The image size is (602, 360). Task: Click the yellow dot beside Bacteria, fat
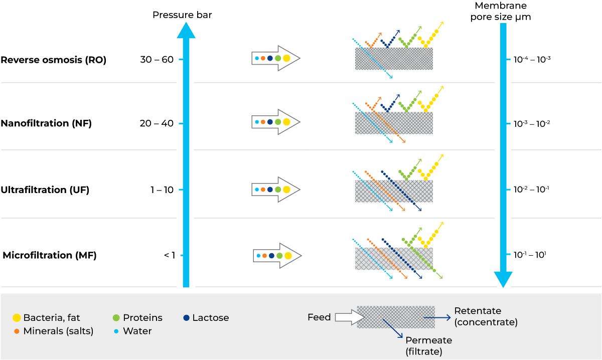[17, 318]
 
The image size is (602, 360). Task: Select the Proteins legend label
[142, 318]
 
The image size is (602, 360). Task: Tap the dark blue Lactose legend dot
[187, 318]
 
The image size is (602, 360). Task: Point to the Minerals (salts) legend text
[58, 331]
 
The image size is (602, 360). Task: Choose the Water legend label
[137, 331]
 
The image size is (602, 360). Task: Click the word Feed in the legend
[319, 317]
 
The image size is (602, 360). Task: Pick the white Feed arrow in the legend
[349, 317]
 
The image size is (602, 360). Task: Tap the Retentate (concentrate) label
[485, 316]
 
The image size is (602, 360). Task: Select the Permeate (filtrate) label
[428, 346]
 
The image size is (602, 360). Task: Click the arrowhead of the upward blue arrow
[186, 31]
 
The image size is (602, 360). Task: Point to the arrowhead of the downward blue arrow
[503, 279]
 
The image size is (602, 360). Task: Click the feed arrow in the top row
[275, 58]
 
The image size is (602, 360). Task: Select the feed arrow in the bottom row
[277, 256]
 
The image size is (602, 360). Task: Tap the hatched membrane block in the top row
[394, 59]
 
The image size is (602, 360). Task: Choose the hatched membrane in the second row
[394, 123]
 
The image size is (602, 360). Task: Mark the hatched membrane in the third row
[394, 191]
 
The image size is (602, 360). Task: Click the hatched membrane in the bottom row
[394, 259]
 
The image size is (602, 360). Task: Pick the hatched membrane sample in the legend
[395, 317]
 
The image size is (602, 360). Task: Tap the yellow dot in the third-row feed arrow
[286, 190]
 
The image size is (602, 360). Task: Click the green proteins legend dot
[116, 318]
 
